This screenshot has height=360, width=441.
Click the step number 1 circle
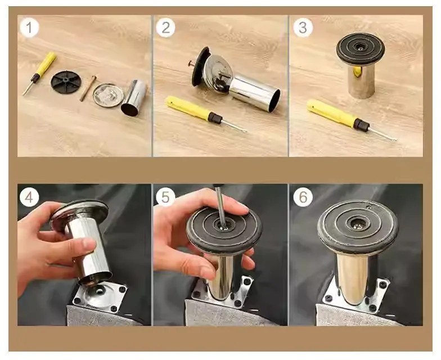[29, 28]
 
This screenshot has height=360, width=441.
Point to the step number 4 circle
[29, 197]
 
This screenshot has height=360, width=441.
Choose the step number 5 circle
[165, 197]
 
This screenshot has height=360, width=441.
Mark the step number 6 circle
[303, 197]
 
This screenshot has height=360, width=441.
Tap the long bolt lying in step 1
[88, 88]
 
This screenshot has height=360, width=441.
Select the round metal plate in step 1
[108, 96]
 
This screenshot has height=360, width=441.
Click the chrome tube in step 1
[134, 98]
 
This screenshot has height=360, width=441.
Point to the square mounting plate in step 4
[100, 298]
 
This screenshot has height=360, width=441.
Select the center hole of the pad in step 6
[358, 223]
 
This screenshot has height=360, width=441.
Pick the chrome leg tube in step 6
[353, 278]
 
